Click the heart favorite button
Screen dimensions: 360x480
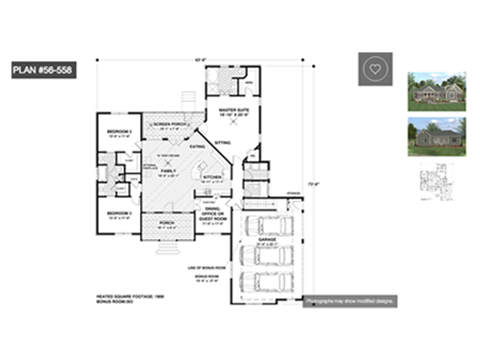pos(376,70)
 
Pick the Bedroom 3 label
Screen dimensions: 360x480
pos(118,213)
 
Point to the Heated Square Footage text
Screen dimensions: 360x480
pos(129,297)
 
